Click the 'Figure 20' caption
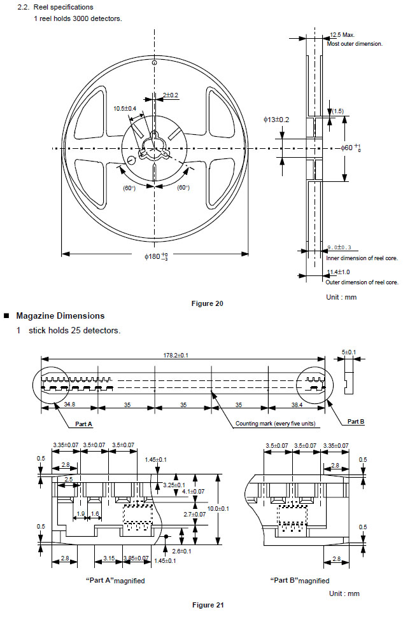pos(207,303)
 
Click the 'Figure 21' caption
pos(208,605)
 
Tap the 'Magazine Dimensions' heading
pos(60,316)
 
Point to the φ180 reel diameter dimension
pos(155,256)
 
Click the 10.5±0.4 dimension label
pos(125,109)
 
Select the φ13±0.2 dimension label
pos(276,120)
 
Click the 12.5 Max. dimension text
pos(342,36)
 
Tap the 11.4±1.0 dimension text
pos(338,272)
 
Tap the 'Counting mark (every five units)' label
pos(275,424)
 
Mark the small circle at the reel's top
pos(154,64)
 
